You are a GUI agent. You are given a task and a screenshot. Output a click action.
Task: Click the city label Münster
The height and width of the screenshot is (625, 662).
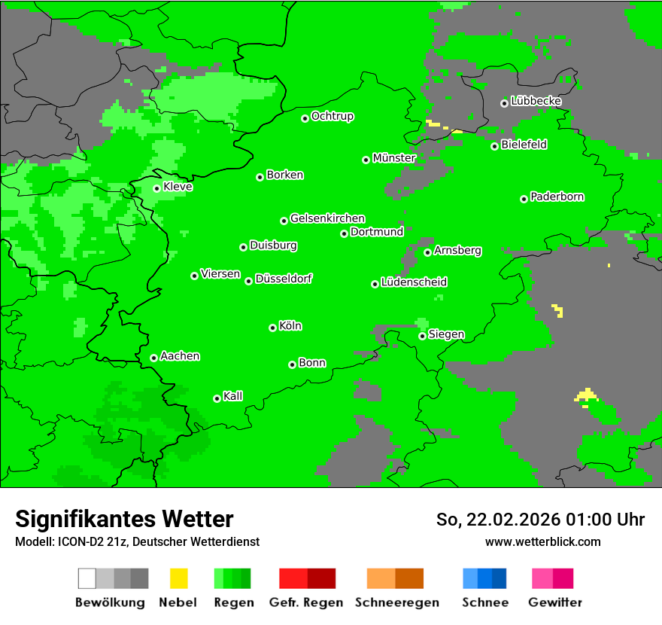point(394,158)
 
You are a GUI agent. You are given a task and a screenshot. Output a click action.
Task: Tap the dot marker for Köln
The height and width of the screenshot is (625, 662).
point(272,328)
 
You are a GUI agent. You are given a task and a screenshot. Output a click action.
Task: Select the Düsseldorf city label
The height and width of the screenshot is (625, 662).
point(284,279)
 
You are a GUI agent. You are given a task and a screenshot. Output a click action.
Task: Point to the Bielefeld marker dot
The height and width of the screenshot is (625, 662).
point(494,146)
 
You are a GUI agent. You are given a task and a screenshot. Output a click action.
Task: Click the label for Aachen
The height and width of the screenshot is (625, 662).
point(180,356)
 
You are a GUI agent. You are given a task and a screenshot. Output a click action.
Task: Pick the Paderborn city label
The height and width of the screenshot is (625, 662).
point(557,197)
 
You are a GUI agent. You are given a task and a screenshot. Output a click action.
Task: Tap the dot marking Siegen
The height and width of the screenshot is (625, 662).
point(422,336)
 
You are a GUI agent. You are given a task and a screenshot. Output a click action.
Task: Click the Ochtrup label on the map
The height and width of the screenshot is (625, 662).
point(333,117)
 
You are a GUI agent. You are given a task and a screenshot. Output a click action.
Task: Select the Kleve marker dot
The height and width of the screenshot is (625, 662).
point(156,188)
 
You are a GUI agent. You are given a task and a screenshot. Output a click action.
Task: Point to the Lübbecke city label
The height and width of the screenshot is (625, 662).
point(536,101)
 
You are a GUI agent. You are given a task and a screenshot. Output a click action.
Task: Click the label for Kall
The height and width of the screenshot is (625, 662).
point(233,396)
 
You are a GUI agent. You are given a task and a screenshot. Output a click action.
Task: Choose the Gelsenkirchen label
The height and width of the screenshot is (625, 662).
point(328,218)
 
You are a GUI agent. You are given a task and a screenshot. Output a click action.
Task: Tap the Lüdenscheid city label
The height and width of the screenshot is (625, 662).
point(414,282)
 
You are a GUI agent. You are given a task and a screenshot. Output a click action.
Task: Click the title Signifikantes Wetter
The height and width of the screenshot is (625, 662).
point(124,519)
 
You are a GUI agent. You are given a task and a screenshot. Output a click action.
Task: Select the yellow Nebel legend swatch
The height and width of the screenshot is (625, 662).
point(179,578)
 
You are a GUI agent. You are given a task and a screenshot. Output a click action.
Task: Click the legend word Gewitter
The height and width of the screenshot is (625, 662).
point(555,602)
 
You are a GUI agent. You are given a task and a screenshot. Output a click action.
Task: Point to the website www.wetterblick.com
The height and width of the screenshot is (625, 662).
point(542,541)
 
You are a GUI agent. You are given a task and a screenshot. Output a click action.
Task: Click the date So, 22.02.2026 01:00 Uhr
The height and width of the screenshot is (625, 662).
point(540,520)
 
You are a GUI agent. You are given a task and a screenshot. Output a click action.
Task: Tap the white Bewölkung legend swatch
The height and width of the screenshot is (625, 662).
point(87,578)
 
